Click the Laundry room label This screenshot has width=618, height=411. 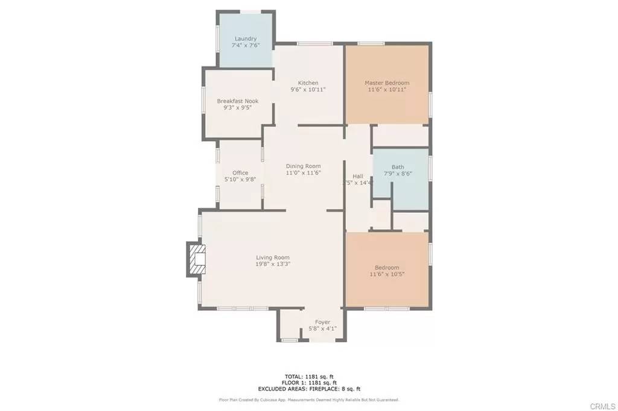[246, 39]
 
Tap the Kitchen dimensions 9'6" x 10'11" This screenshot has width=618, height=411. [308, 90]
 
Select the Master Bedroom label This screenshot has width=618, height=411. [387, 83]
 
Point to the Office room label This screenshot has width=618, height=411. [240, 173]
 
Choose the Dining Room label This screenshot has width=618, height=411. [303, 166]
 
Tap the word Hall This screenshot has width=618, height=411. [358, 176]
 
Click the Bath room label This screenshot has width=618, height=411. [398, 168]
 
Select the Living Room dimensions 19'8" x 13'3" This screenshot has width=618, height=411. [274, 264]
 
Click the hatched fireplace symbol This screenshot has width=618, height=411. [197, 259]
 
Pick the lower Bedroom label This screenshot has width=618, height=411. [387, 268]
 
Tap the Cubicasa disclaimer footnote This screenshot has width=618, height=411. [308, 400]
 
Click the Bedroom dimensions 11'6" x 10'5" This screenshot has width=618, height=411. [387, 274]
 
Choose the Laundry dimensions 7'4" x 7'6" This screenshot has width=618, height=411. [246, 45]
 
